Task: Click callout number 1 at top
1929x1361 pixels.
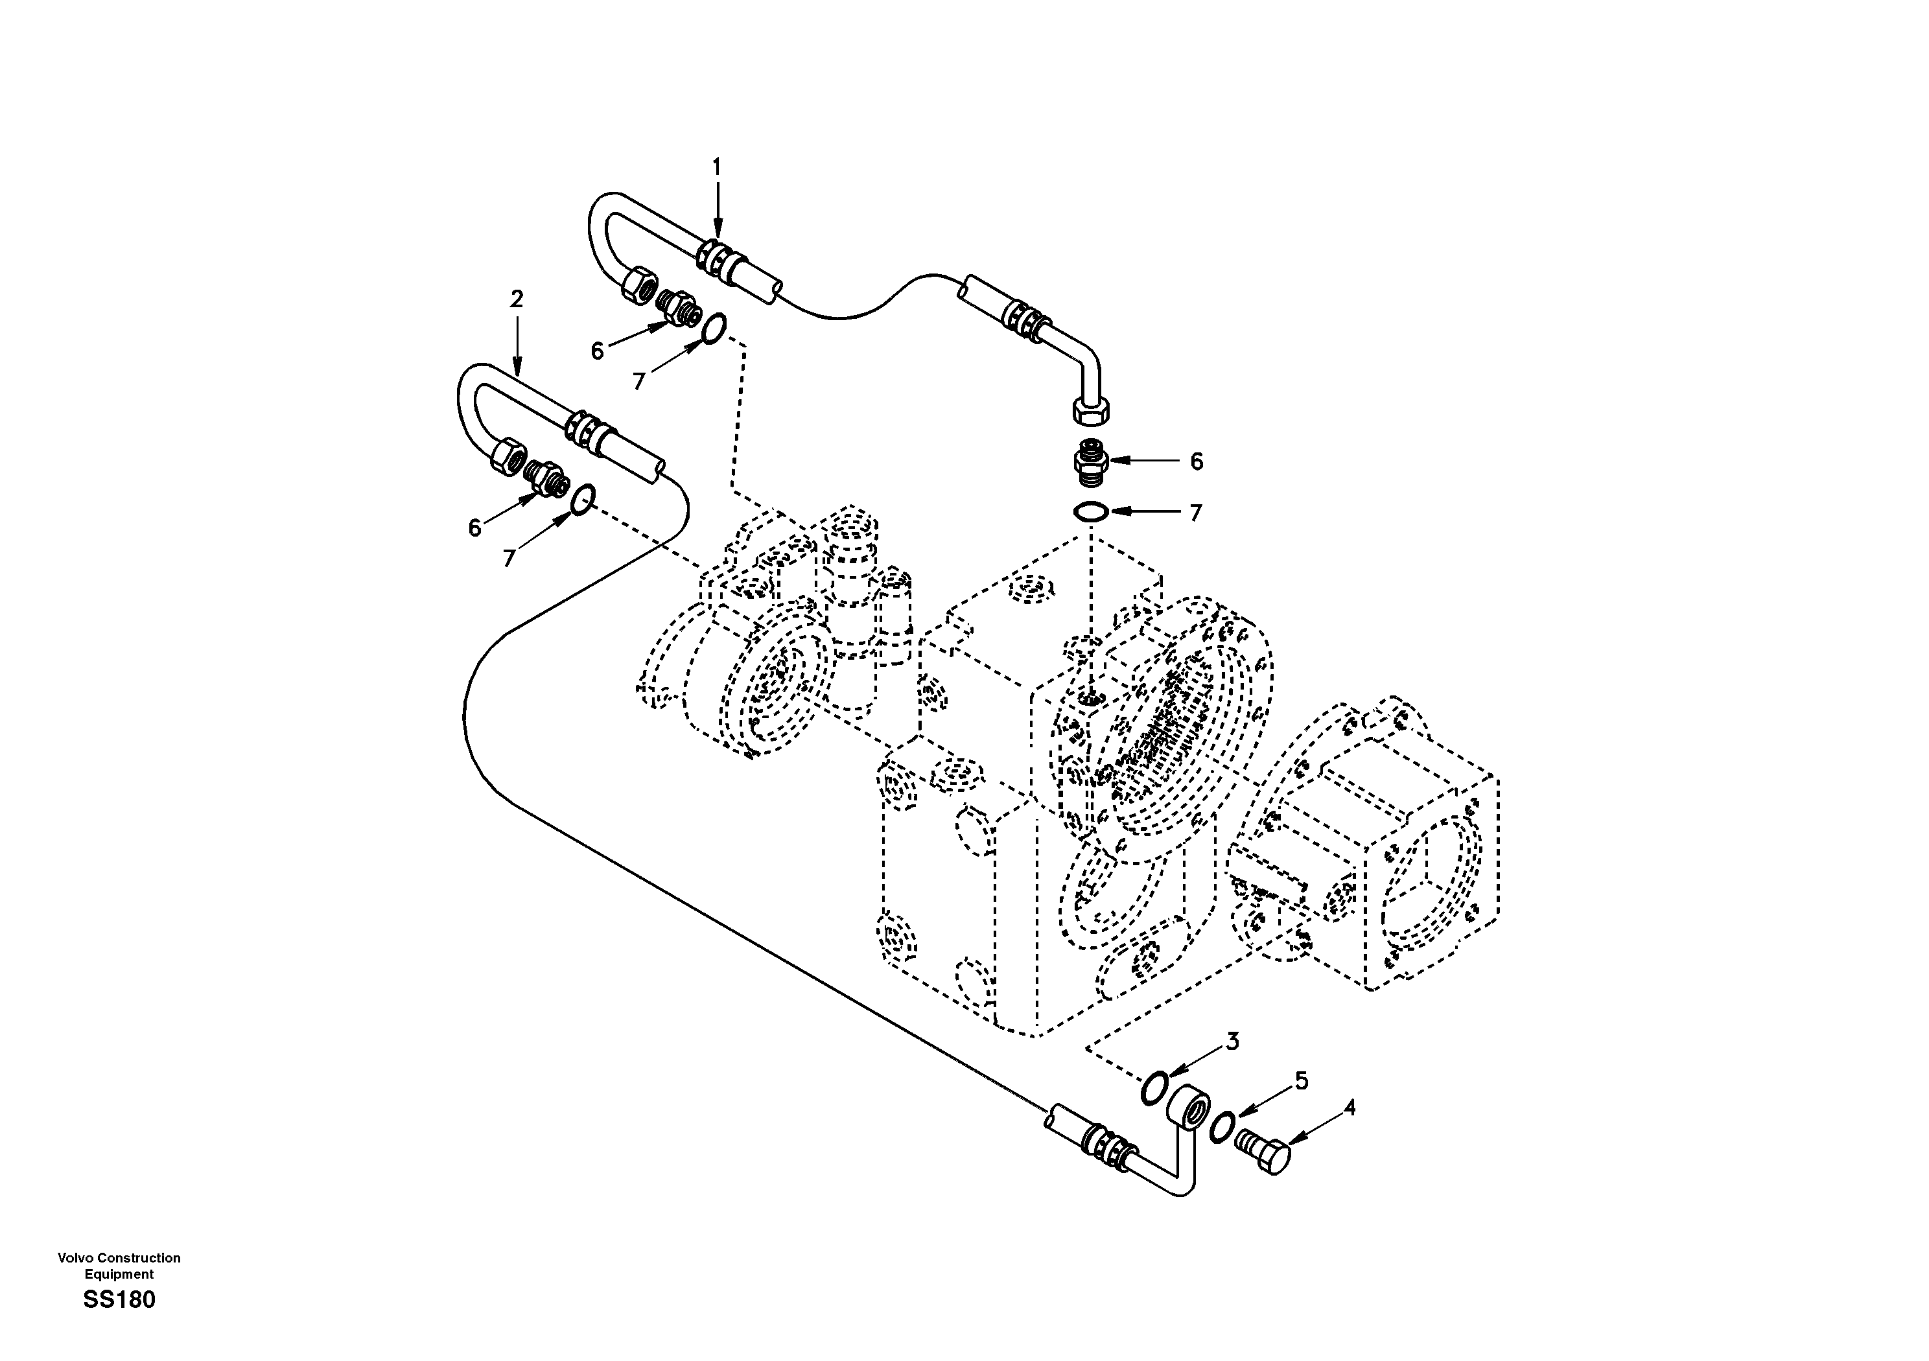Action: pyautogui.click(x=717, y=168)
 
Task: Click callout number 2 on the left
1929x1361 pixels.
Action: pyautogui.click(x=516, y=299)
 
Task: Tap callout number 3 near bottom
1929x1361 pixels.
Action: pyautogui.click(x=1232, y=1041)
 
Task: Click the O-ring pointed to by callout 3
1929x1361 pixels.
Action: pyautogui.click(x=1154, y=1089)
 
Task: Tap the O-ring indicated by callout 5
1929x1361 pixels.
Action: pyautogui.click(x=1222, y=1126)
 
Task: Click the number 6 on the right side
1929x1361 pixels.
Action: pyautogui.click(x=1197, y=461)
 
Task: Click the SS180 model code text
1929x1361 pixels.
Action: pyautogui.click(x=119, y=1299)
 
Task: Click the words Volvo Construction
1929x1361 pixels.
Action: pyautogui.click(x=119, y=1258)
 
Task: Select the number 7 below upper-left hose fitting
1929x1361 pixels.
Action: pyautogui.click(x=638, y=382)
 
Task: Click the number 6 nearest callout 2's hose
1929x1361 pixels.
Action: pyautogui.click(x=474, y=528)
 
